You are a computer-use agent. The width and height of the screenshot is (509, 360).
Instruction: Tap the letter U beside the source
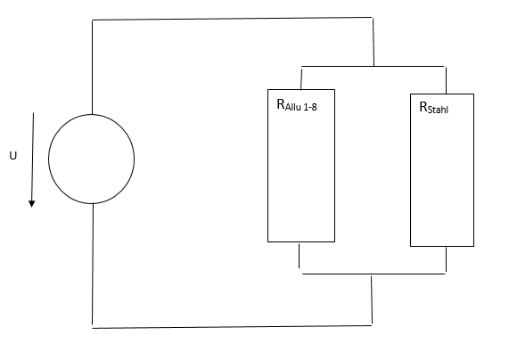click(13, 156)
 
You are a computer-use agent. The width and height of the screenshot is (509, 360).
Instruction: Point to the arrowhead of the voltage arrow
click(31, 204)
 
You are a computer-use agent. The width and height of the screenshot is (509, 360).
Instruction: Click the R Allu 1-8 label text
click(297, 105)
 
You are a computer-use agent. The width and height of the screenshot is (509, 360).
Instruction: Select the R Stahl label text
click(434, 108)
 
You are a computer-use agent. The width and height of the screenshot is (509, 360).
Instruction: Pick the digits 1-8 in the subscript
click(310, 107)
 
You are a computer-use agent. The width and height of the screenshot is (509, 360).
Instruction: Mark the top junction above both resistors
click(374, 66)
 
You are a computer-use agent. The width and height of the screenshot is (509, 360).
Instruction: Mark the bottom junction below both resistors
click(372, 274)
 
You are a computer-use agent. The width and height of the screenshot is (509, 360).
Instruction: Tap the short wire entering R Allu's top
click(301, 78)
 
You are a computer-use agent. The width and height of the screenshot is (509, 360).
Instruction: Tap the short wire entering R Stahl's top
click(446, 80)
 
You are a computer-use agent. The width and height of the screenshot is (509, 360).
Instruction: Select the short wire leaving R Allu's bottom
click(299, 256)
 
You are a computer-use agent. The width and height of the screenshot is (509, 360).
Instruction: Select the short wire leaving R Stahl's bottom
click(446, 259)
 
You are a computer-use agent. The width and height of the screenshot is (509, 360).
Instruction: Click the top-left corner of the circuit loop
click(92, 20)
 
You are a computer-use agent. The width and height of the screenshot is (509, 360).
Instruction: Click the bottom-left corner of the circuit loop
click(92, 328)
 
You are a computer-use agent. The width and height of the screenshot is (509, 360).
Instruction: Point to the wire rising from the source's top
click(92, 67)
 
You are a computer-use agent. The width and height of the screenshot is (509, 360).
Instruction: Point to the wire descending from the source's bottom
click(93, 266)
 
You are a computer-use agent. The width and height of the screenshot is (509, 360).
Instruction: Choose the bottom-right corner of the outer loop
click(372, 325)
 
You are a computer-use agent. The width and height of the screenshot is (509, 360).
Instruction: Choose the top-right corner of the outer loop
click(373, 18)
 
